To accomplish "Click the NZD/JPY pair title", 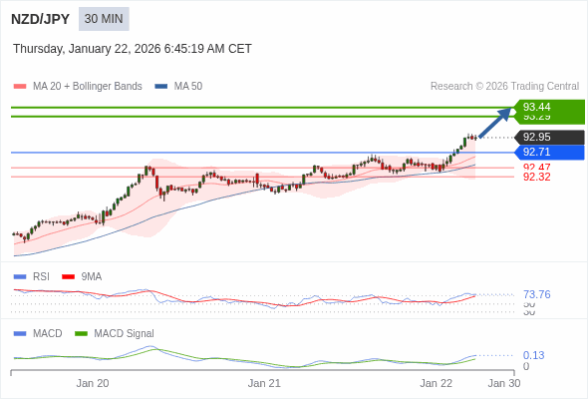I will click(41, 19).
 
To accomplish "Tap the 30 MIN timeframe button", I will click(104, 19).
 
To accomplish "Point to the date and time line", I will click(133, 49).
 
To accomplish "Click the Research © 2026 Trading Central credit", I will click(504, 87).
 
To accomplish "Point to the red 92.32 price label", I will click(537, 178).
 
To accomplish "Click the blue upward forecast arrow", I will click(495, 122).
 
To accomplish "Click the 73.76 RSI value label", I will click(537, 294).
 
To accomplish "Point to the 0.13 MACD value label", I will click(534, 355).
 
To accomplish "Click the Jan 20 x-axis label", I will click(93, 383).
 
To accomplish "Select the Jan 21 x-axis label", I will click(264, 383).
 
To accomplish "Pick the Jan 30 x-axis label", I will click(503, 383).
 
